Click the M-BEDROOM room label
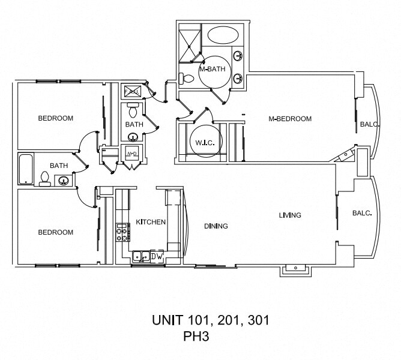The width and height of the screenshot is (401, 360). [289, 119]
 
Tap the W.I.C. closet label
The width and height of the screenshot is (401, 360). [200, 143]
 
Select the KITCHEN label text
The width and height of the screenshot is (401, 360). [150, 222]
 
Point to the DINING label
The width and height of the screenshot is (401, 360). [216, 226]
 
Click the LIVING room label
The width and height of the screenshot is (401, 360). [289, 215]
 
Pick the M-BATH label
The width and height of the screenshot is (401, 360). [212, 69]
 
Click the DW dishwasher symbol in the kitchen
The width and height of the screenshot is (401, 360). [156, 256]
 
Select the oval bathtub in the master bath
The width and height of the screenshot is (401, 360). [222, 35]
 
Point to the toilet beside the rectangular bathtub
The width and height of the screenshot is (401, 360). [44, 178]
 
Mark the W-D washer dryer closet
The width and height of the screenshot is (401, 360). [131, 154]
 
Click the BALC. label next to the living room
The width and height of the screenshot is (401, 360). [361, 213]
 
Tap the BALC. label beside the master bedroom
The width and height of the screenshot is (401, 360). [369, 125]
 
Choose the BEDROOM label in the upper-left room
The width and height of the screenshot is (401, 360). [55, 118]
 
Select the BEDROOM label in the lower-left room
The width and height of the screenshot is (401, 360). [55, 232]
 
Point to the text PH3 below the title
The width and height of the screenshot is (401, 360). [196, 337]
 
